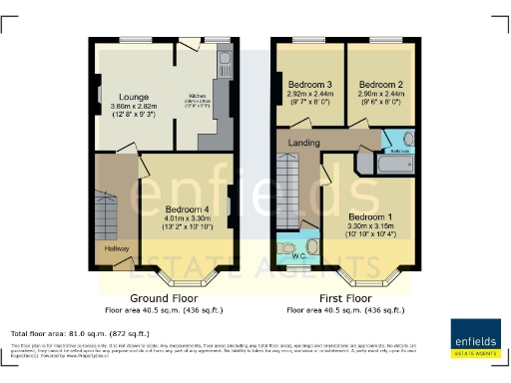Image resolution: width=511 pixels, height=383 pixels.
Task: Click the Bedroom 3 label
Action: pos(309,84)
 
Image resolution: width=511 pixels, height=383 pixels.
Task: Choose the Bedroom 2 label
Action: pos(379,84)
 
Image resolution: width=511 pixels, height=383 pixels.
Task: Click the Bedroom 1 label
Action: pos(372,216)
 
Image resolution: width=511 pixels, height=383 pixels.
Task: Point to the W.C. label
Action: pos(296,254)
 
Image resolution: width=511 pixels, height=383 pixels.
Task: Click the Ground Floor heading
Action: pos(164,298)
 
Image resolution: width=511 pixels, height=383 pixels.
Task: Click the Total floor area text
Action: pos(80,333)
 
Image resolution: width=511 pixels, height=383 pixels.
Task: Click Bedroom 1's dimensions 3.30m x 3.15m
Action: pos(372,226)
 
